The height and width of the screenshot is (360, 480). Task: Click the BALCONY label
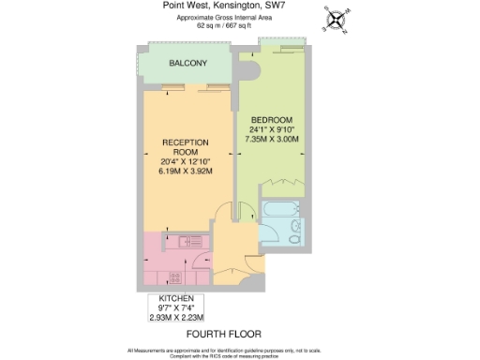pos(187,63)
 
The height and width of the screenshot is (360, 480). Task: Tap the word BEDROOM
pos(272,120)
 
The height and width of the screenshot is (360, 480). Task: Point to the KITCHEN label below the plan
pos(176,297)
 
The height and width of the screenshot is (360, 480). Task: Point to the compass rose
pos(336,19)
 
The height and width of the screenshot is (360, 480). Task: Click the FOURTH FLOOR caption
pos(223,334)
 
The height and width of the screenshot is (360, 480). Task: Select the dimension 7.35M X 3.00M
pos(272,140)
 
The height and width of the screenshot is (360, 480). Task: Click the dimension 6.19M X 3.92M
pos(185,172)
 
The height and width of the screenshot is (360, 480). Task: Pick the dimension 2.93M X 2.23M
pos(176,318)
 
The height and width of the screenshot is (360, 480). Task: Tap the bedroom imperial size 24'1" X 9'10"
pos(272,130)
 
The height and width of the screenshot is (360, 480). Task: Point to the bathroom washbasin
pos(297,225)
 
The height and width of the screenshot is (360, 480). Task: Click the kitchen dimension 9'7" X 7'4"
pos(176,307)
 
